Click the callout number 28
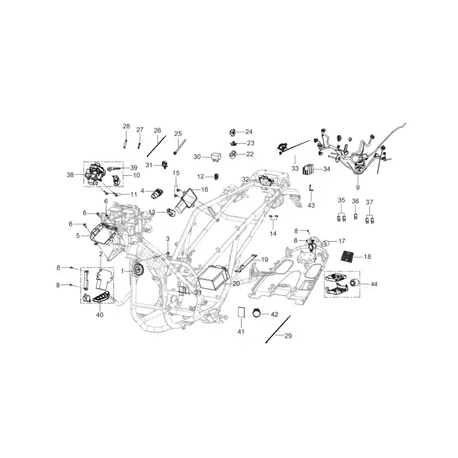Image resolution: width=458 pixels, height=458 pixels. pos(126,126)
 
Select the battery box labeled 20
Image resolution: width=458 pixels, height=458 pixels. pos(213,278)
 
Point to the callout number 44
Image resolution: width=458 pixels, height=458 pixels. pos(374,284)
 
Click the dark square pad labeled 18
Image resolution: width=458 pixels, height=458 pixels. pos(350,256)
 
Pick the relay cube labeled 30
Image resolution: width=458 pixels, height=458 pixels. pos(216,157)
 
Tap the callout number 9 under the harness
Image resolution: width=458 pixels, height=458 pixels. pos(358,188)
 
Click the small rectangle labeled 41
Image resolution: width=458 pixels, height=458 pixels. pos(241,313)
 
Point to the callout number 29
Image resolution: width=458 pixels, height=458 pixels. pos(288,336)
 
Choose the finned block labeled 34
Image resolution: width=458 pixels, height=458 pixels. pos(308,169)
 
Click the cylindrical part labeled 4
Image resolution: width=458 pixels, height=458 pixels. pos(157,194)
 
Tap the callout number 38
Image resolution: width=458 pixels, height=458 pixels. pos(70,175)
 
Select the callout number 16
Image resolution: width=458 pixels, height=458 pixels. pos(204,189)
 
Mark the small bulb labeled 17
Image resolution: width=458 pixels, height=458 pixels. pos(325,243)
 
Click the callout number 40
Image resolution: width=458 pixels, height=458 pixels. pos(100,315)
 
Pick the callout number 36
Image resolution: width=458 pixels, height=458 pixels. pos(355,202)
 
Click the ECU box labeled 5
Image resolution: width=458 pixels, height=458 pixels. pos(103,235)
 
